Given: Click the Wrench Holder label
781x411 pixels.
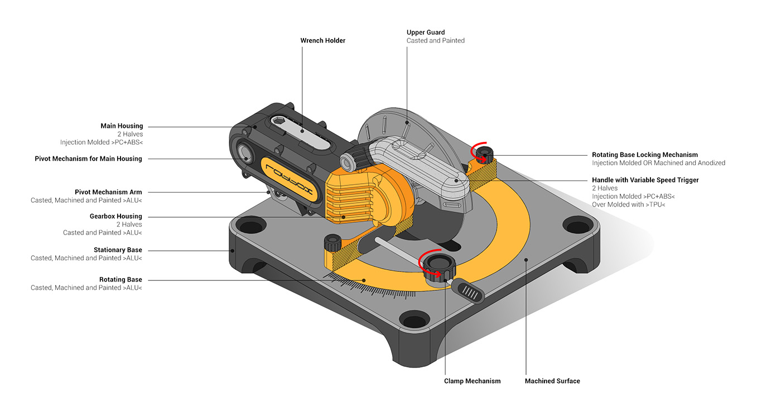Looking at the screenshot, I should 322,41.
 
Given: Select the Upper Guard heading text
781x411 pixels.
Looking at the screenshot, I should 426,32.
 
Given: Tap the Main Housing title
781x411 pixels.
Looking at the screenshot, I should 122,126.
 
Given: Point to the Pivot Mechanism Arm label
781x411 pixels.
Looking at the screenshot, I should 108,192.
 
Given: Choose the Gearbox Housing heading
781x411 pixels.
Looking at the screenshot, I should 115,216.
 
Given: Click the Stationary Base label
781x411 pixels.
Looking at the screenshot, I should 118,250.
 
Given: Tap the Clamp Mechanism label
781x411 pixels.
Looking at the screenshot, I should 472,381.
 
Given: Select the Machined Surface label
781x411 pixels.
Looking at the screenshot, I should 552,381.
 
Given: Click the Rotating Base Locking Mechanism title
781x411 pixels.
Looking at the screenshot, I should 644,155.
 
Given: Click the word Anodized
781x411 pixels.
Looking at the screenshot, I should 711,163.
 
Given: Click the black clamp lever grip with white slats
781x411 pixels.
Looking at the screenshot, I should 469,290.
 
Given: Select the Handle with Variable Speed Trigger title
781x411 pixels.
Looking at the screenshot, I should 645,180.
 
